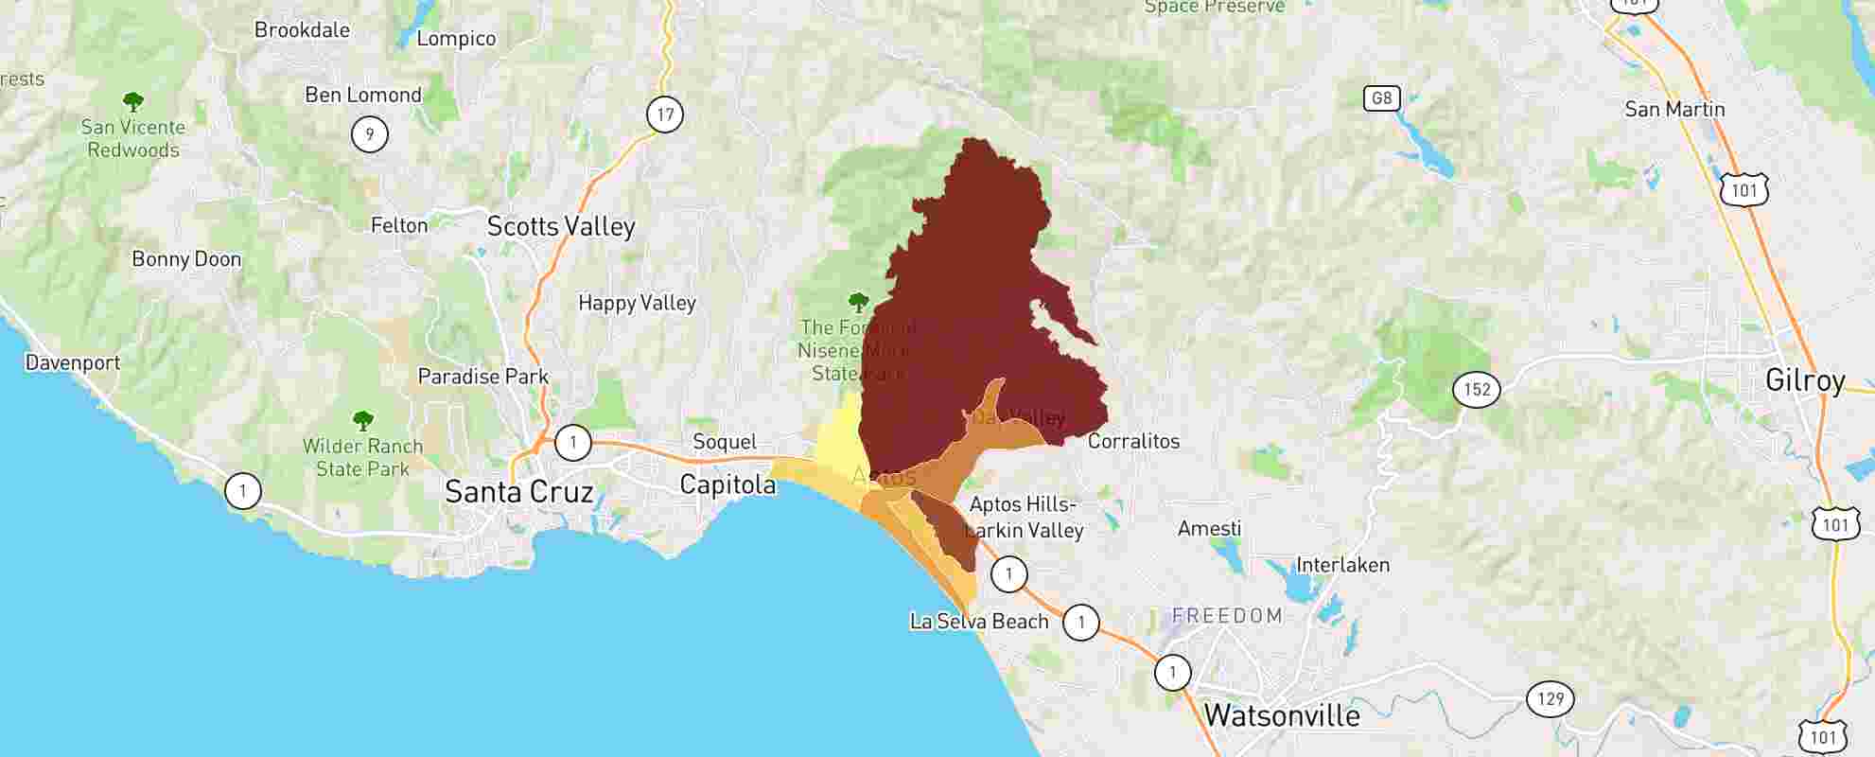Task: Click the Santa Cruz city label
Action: (518, 492)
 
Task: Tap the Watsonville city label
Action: (1281, 715)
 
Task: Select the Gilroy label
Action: (1804, 380)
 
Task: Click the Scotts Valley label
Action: (560, 226)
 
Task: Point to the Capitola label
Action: (727, 484)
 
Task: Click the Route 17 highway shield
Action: (665, 114)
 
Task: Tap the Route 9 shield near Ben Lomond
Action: (369, 133)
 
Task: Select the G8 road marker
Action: (1381, 97)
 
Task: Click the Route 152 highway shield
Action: (1476, 389)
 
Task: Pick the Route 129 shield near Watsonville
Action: (1550, 698)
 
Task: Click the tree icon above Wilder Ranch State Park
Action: (362, 420)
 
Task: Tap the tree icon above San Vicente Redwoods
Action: (133, 100)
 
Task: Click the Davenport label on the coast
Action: (73, 362)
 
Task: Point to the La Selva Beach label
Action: (978, 622)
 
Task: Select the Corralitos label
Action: (1133, 441)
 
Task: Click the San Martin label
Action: (1674, 109)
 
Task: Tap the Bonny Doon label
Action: (186, 259)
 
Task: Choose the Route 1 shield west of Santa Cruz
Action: (243, 490)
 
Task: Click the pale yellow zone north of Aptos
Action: (838, 436)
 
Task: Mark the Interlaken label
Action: (1342, 565)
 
